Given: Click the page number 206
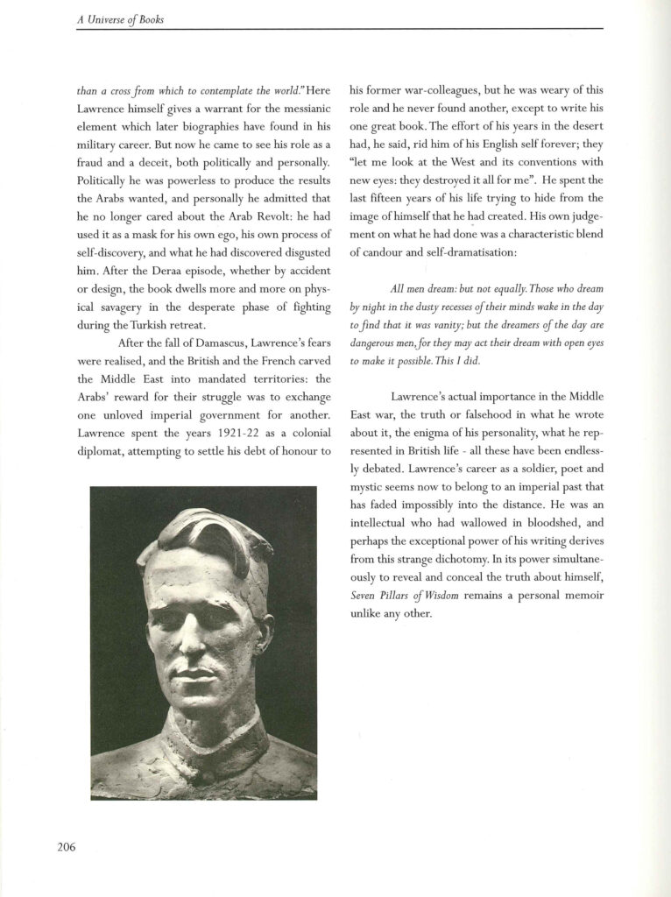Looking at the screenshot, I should point(65,846).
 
